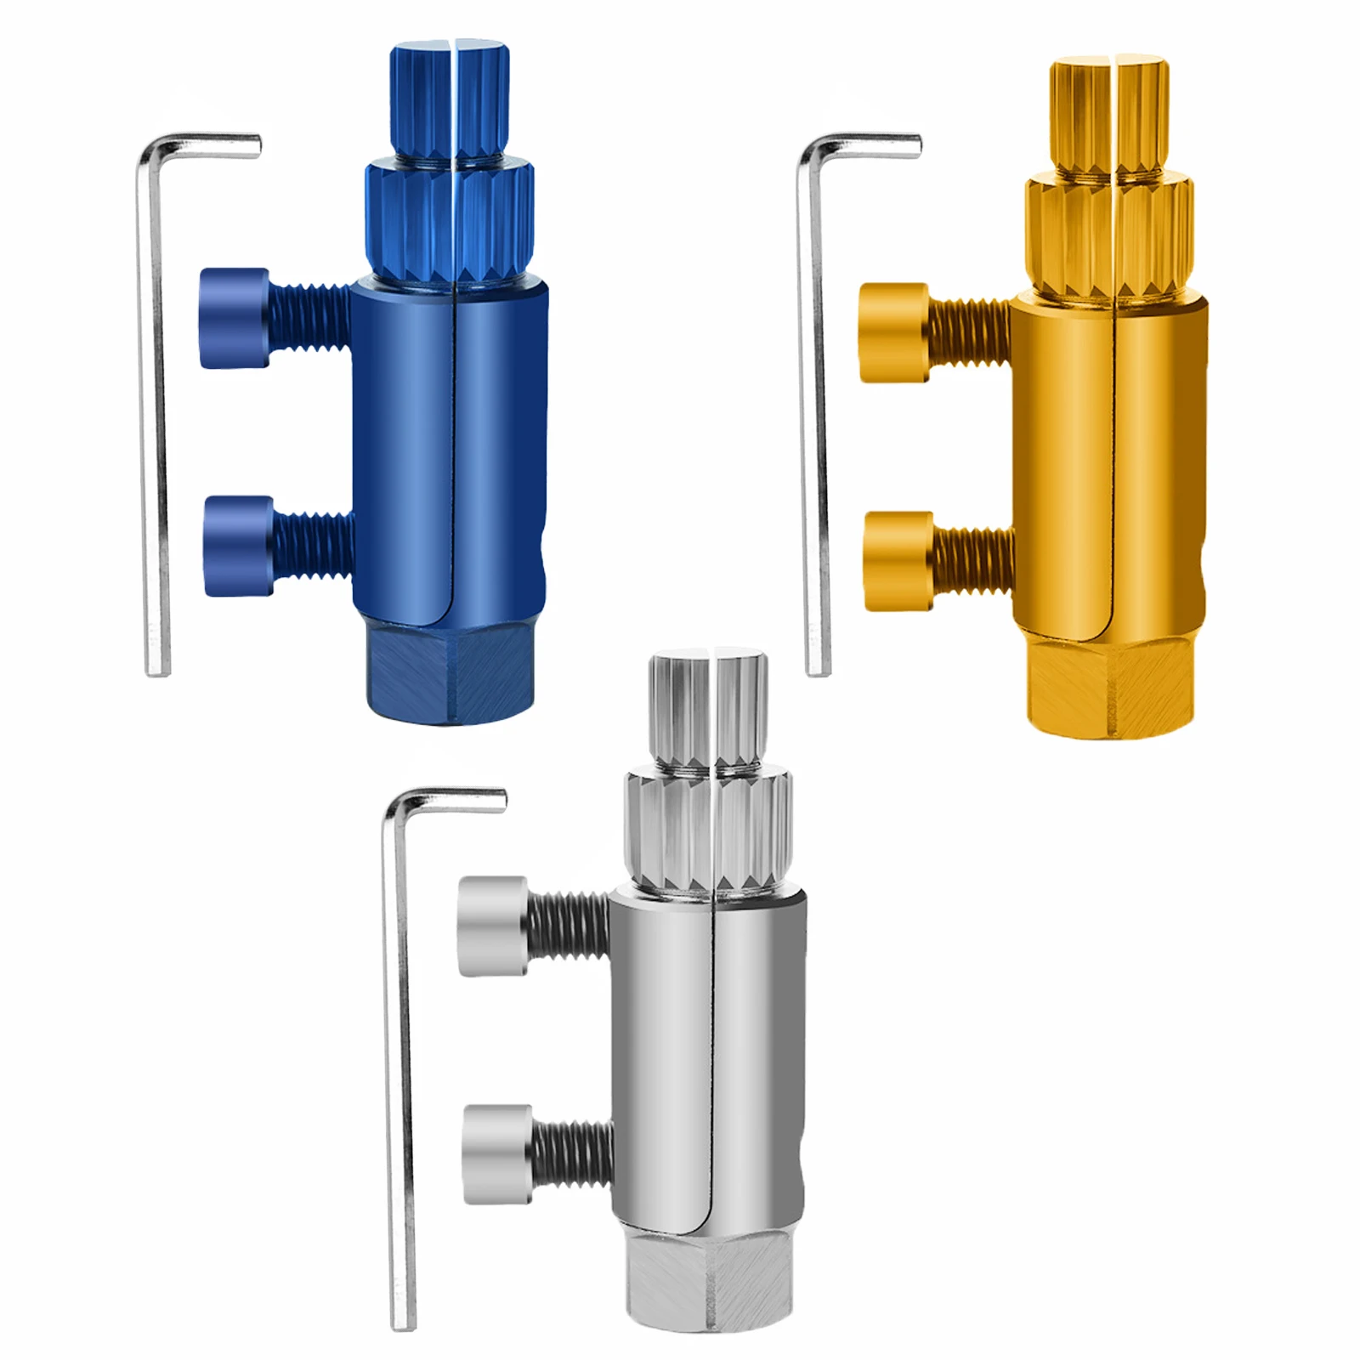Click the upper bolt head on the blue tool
click(235, 318)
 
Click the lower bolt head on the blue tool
click(239, 546)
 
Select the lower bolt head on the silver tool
click(498, 1153)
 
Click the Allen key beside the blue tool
click(157, 425)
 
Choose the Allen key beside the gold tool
click(817, 425)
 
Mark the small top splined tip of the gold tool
click(1108, 115)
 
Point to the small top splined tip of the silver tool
click(709, 710)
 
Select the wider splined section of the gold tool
click(1109, 238)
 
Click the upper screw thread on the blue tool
click(311, 319)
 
